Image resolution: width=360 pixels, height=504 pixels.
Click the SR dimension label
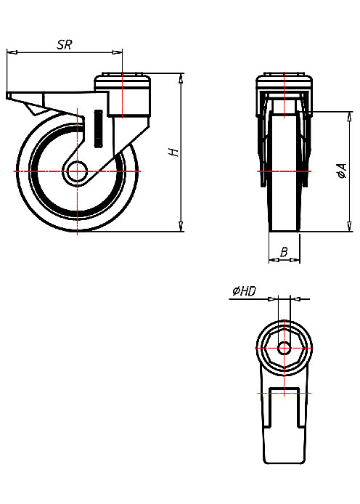(x=64, y=45)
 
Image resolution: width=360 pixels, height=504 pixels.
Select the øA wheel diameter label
(x=341, y=171)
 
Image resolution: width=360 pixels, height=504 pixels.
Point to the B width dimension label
(x=284, y=252)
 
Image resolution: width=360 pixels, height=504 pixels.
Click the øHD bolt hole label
(x=244, y=291)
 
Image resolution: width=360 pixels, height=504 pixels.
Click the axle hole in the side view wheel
(x=75, y=171)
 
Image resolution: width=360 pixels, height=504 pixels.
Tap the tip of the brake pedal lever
(x=9, y=95)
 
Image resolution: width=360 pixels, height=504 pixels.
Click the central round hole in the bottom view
(x=284, y=348)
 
